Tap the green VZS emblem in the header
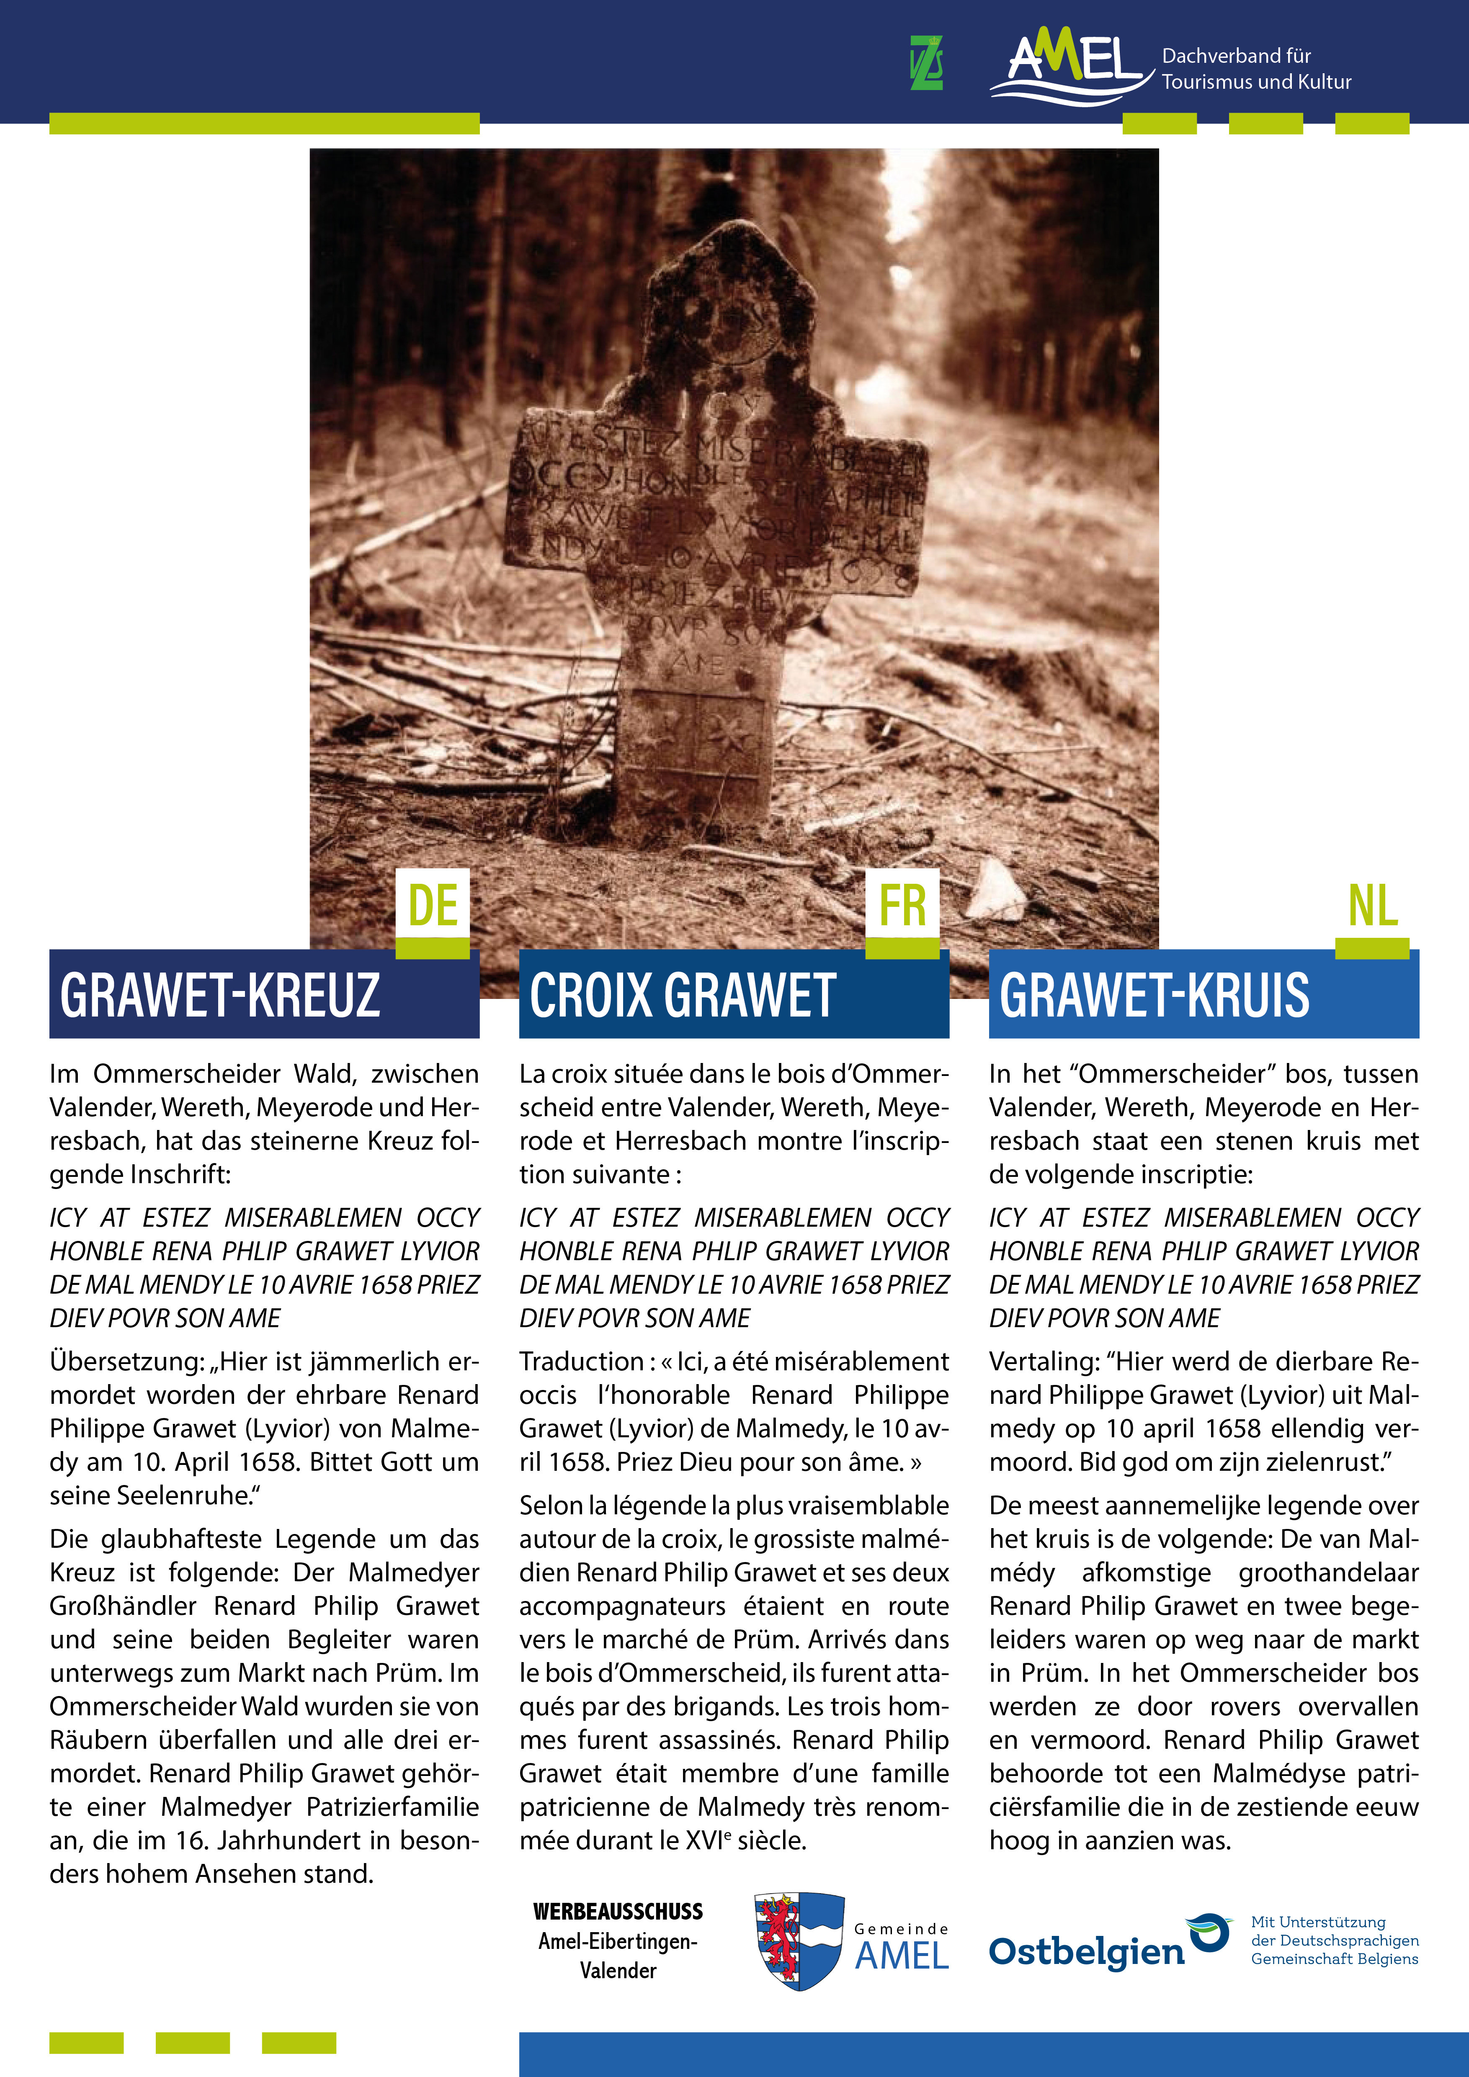pyautogui.click(x=926, y=63)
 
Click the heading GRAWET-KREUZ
pyautogui.click(x=220, y=995)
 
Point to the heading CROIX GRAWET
pyautogui.click(x=682, y=995)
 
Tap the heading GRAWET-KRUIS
pyautogui.click(x=1154, y=995)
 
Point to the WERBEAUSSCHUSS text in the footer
pyautogui.click(x=618, y=1912)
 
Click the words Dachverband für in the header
pyautogui.click(x=1236, y=56)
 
